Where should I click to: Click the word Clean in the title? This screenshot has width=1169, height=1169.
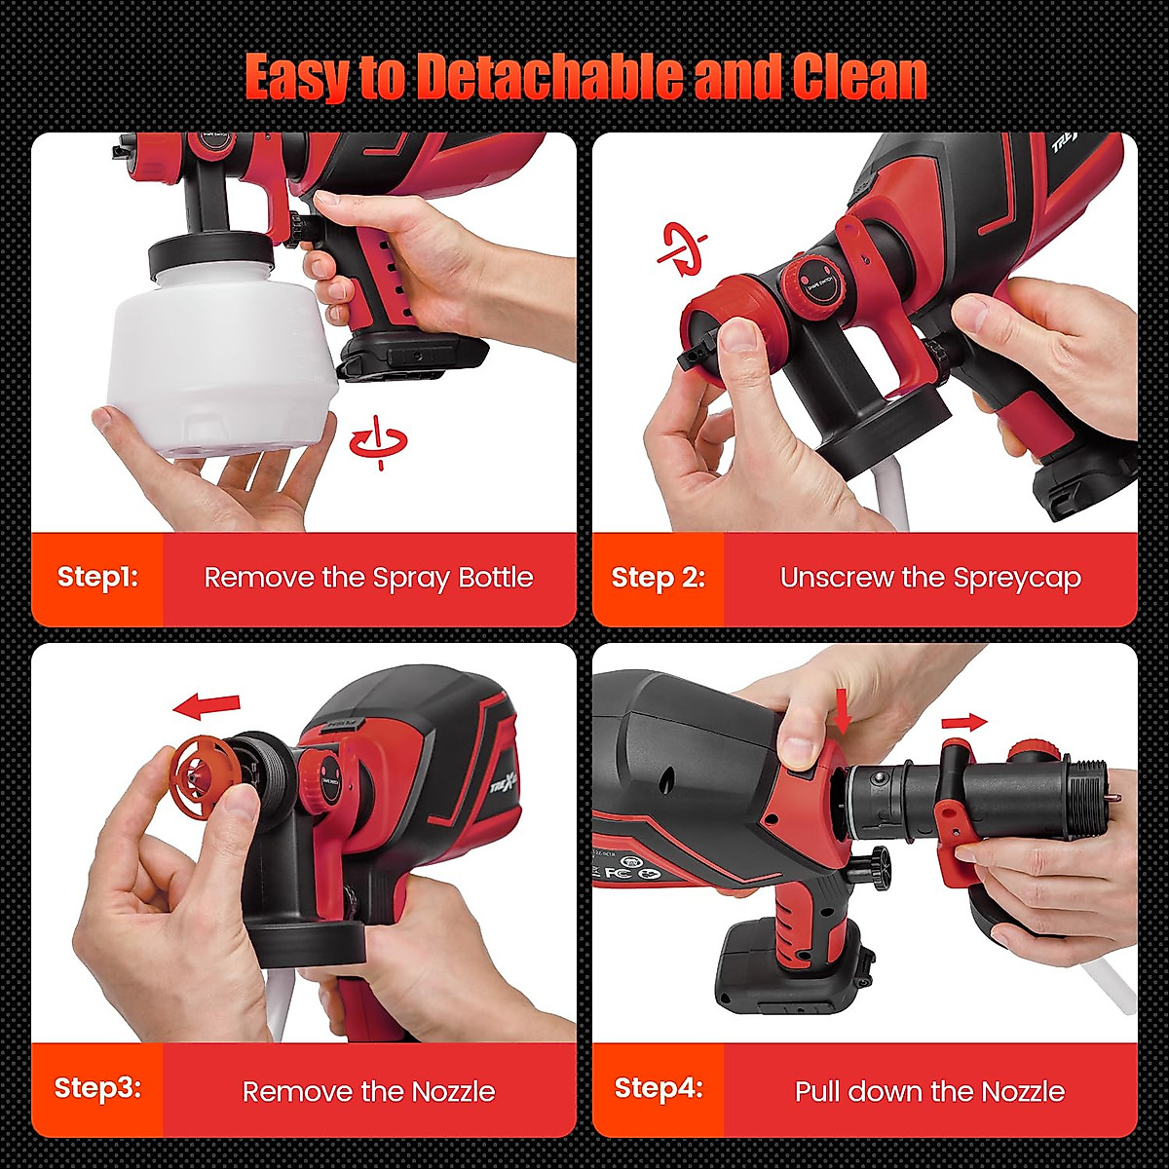858,77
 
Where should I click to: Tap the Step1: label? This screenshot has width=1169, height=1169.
97,577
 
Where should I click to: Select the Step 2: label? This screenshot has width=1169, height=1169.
658,578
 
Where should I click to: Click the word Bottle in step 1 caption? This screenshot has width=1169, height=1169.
496,578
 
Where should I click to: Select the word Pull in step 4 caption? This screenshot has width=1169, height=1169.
815,1091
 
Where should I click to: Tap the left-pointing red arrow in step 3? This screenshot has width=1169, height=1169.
206,704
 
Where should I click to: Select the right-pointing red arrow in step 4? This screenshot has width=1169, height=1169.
964,722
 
